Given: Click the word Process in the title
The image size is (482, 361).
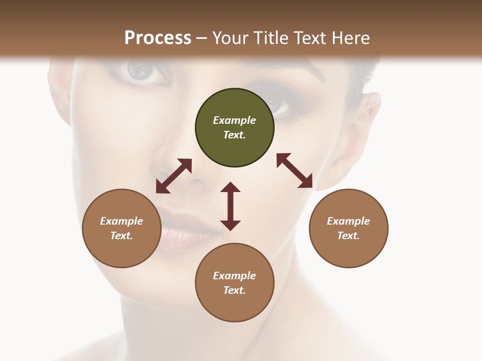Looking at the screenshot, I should (x=158, y=38).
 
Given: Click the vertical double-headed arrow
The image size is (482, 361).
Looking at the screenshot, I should (x=230, y=206).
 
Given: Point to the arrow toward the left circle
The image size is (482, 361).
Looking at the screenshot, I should (x=174, y=176).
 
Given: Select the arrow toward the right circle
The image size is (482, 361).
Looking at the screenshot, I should (x=295, y=170).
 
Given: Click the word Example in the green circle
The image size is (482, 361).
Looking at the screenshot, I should (x=234, y=120).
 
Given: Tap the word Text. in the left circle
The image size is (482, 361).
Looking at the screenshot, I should (x=122, y=236).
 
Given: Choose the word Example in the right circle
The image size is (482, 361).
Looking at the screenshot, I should (x=348, y=221).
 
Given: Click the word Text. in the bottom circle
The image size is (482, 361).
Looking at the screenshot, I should (x=234, y=290).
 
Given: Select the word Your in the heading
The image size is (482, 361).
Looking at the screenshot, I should (x=228, y=38).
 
